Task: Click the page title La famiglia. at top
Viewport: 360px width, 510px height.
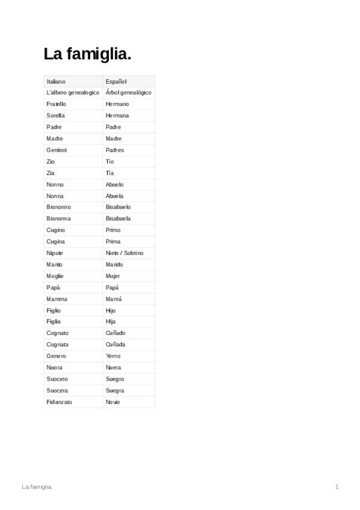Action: click(87, 55)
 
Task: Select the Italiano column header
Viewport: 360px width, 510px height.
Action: click(56, 81)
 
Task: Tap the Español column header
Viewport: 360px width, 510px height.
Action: click(116, 81)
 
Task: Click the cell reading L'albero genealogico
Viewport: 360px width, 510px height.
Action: click(72, 93)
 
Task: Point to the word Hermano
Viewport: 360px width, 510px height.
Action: click(117, 104)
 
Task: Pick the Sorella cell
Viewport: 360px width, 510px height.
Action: click(56, 115)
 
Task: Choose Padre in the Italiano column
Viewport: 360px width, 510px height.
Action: click(54, 127)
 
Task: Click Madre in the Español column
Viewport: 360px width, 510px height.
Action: click(114, 138)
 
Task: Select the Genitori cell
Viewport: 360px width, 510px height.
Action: click(57, 150)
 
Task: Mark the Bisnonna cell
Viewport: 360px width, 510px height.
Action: click(58, 218)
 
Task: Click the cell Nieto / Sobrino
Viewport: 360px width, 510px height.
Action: click(124, 253)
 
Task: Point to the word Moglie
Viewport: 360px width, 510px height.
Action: click(55, 276)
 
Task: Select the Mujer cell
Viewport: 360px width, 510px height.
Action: click(113, 276)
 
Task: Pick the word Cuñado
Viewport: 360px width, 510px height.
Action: click(115, 333)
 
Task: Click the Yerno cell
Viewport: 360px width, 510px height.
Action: click(113, 355)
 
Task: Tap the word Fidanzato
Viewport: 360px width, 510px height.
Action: click(59, 402)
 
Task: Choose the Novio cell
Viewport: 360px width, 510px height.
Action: click(112, 402)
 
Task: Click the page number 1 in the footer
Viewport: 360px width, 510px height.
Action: click(337, 486)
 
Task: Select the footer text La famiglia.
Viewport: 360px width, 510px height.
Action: click(37, 486)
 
